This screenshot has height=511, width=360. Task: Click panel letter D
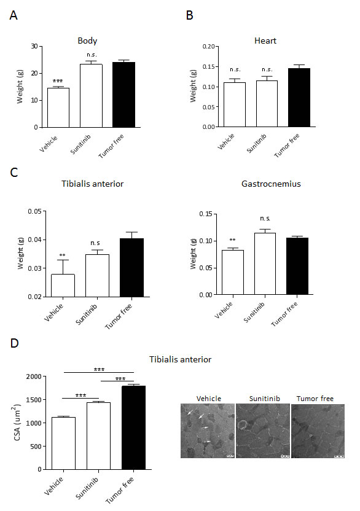tap(14, 343)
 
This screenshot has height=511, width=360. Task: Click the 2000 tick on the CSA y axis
tap(38, 376)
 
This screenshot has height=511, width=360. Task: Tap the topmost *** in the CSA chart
tap(98, 369)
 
